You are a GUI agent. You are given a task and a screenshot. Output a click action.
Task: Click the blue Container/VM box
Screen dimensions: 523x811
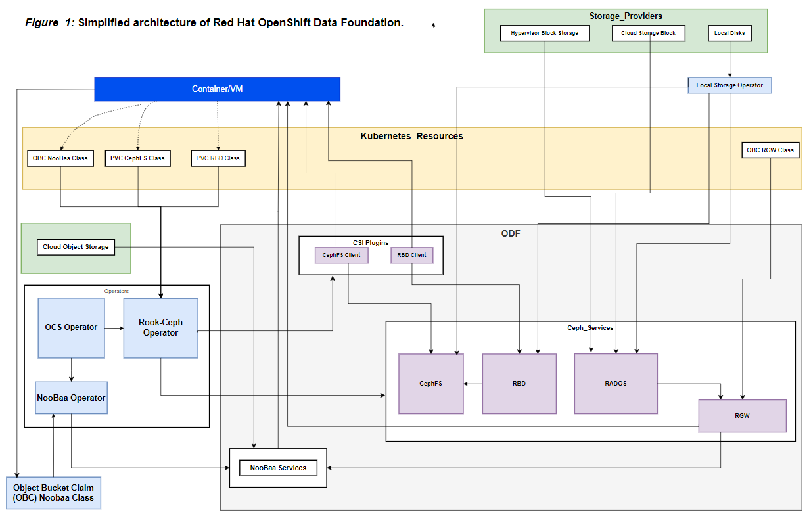[217, 89]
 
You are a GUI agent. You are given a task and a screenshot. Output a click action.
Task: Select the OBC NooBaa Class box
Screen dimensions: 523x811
[60, 158]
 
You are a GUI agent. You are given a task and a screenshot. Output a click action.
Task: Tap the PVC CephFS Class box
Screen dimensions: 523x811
[137, 158]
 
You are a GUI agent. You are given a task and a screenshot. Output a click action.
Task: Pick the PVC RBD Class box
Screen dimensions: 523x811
[218, 158]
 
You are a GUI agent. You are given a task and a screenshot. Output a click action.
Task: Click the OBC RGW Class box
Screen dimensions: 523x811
[770, 150]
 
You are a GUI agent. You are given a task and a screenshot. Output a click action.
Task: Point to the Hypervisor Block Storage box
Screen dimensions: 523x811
[544, 33]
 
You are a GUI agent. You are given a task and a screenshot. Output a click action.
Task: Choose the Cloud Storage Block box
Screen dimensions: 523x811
[648, 33]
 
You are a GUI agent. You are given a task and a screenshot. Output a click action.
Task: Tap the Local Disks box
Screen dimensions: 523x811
[730, 33]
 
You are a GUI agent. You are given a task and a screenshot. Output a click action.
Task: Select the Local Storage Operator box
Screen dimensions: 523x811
[730, 85]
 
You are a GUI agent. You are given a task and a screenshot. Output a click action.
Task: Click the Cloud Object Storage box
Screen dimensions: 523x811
[76, 247]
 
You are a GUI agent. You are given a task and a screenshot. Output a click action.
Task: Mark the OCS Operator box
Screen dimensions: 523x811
[71, 327]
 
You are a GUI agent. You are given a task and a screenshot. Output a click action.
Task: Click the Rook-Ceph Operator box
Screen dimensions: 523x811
[160, 327]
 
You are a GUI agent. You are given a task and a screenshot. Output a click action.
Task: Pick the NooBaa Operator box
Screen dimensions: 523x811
[71, 398]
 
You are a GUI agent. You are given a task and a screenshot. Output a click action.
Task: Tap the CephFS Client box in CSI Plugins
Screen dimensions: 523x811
[341, 255]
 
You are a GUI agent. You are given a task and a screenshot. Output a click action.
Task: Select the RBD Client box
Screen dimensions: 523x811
[411, 255]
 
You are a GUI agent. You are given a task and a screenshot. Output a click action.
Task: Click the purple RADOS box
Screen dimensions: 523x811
[615, 384]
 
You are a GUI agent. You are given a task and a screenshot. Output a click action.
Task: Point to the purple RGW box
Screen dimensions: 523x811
[742, 416]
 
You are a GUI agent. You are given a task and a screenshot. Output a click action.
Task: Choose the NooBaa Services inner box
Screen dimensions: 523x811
[278, 468]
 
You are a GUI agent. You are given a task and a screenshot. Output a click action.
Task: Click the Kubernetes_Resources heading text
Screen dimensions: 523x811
[411, 136]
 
